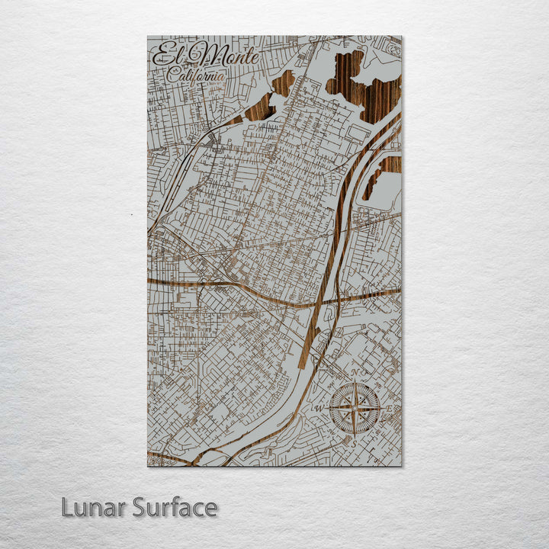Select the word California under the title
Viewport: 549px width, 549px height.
pos(197,75)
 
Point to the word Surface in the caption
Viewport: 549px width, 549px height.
pos(175,507)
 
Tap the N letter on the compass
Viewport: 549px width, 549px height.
pos(355,373)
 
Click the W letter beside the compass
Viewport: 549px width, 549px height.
pos(320,408)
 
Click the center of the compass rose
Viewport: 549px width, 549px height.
pos(355,407)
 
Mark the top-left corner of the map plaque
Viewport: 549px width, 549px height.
pos(148,37)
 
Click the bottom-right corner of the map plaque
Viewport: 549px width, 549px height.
pos(401,465)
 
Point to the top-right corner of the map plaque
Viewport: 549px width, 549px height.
pos(401,37)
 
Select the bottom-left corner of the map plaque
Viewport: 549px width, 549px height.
pos(148,465)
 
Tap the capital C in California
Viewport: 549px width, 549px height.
pos(173,75)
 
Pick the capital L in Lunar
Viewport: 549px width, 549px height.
pos(68,507)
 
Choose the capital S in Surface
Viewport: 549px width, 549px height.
pos(140,507)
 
